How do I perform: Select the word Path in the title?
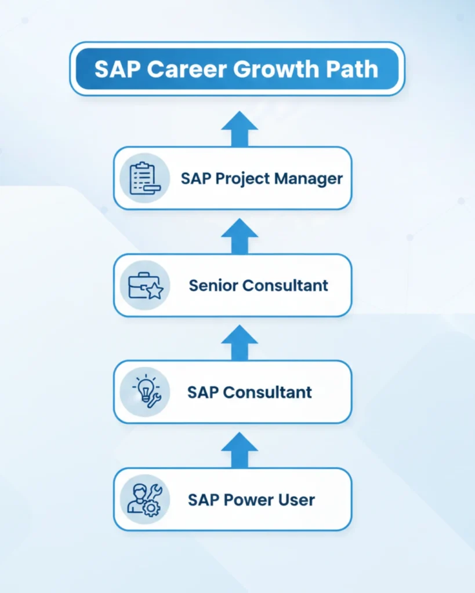[353, 69]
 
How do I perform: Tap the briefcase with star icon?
[144, 285]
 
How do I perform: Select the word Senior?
[213, 285]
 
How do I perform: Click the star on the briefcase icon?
[154, 291]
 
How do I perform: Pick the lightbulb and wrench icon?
[144, 392]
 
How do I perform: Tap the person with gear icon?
[144, 499]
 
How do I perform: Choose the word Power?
[244, 499]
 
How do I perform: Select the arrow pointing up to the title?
[239, 129]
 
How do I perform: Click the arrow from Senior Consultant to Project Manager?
[239, 236]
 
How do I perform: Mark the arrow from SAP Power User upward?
[239, 450]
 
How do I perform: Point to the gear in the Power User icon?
[151, 508]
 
